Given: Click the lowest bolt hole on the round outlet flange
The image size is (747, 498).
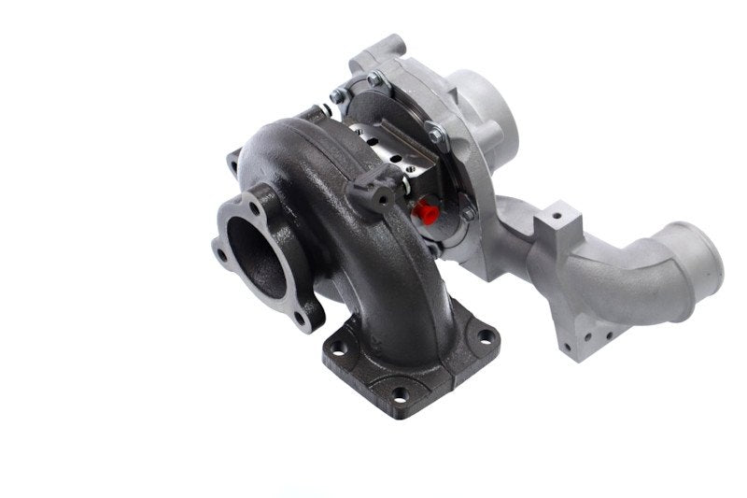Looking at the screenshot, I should click(x=301, y=319).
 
